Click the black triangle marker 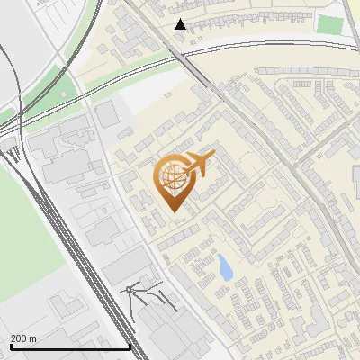pyautogui.click(x=181, y=24)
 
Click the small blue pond pyautogui.click(x=222, y=266)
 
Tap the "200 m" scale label pyautogui.click(x=23, y=338)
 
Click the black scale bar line pyautogui.click(x=70, y=346)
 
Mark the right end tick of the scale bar pyautogui.click(x=130, y=345)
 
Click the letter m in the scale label pyautogui.click(x=32, y=338)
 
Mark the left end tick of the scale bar pyautogui.click(x=11, y=345)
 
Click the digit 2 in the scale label pyautogui.click(x=13, y=338)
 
